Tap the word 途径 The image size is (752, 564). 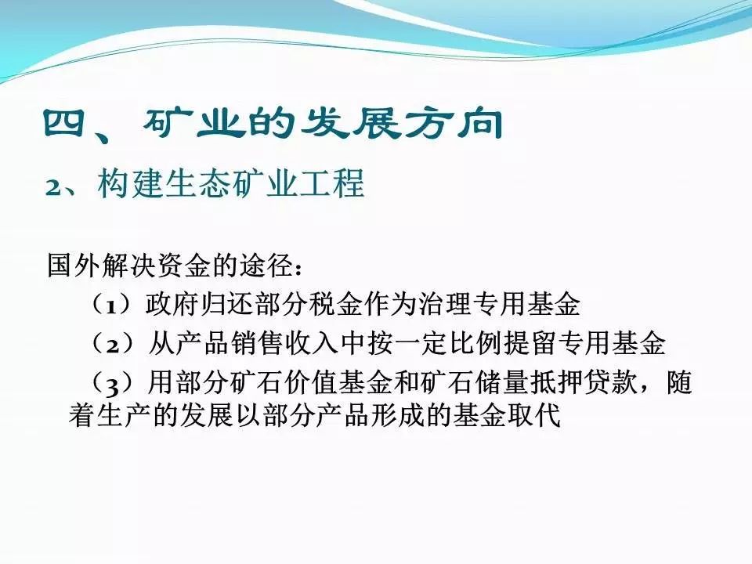coord(266,264)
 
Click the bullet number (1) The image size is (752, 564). coord(111,305)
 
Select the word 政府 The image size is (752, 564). coord(172,304)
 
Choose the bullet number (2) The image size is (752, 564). coord(112,344)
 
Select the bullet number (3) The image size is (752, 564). coord(112,384)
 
